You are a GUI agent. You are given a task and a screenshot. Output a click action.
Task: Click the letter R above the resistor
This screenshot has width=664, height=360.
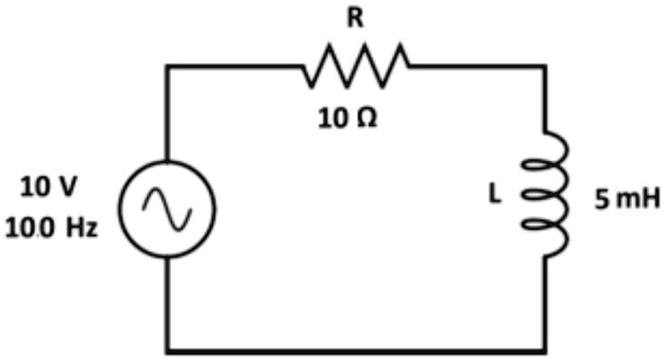[x=355, y=20]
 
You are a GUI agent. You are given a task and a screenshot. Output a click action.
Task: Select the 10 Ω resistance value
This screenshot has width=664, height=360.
[x=348, y=117]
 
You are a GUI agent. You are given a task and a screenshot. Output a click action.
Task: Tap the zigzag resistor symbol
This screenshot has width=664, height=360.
[x=356, y=67]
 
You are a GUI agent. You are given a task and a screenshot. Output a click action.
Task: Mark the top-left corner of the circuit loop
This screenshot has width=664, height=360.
[x=168, y=67]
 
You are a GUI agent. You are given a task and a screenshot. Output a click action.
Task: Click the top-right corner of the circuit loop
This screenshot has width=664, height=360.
[x=547, y=67]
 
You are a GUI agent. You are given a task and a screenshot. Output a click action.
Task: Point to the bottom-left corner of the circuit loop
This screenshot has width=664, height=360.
[x=168, y=348]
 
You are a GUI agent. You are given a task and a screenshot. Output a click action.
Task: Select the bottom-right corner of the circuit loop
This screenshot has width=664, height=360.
[x=547, y=348]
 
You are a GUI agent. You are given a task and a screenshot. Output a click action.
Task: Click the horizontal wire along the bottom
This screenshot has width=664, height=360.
[x=355, y=348]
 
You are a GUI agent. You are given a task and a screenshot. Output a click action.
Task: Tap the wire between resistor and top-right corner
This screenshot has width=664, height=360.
[x=479, y=67]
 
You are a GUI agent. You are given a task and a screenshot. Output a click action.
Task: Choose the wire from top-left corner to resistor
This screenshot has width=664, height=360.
[x=235, y=67]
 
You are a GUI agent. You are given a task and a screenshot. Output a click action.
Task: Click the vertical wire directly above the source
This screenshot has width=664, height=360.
[x=168, y=115]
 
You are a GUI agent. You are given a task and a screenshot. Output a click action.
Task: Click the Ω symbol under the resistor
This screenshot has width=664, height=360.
[x=366, y=117]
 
